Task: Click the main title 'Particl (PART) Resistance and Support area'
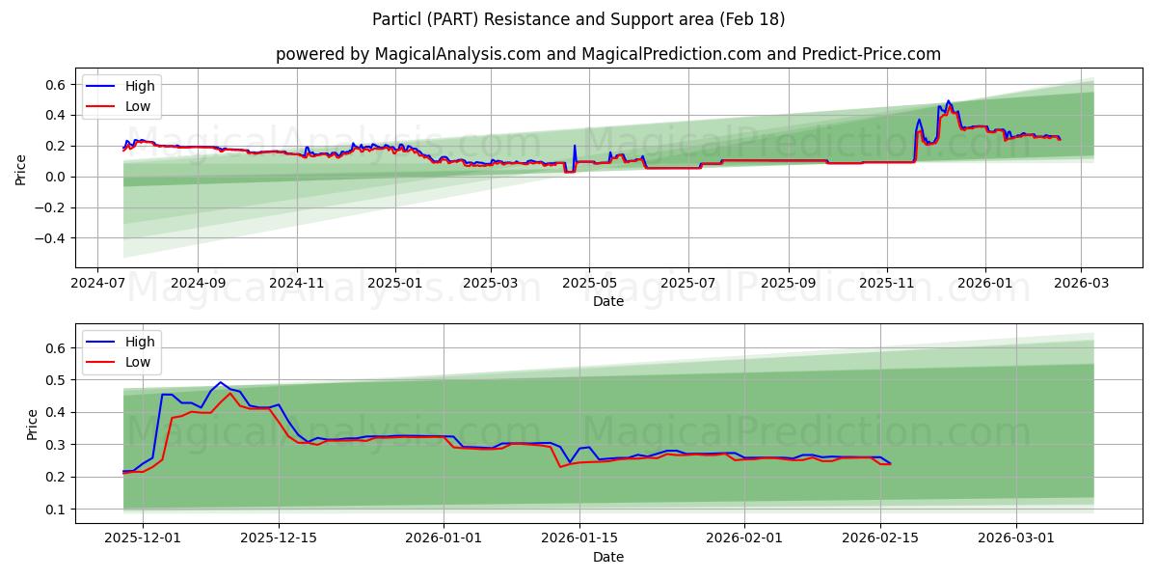578,19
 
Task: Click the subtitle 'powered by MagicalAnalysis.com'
408,54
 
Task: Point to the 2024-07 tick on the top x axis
97,284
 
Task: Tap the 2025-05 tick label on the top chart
588,284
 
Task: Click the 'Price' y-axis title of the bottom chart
33,425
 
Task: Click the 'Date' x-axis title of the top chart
607,301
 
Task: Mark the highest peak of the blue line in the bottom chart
221,382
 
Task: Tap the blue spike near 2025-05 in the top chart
575,147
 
